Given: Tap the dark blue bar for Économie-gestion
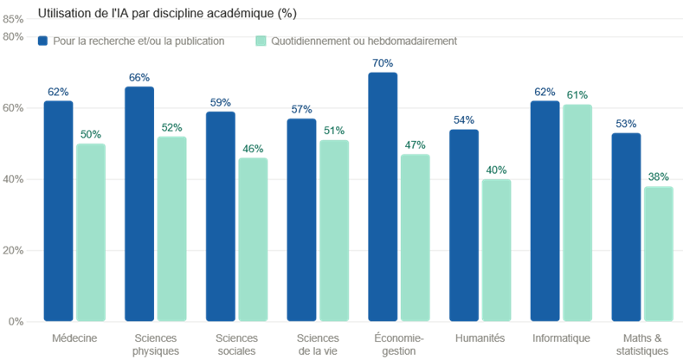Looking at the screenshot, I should click(x=383, y=196).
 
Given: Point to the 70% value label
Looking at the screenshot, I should click(x=383, y=64).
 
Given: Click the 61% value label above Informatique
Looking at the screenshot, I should click(x=577, y=95).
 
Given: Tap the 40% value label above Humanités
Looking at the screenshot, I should click(x=496, y=170).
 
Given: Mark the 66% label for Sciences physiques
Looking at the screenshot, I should click(x=139, y=78).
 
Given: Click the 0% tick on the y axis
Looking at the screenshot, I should click(x=16, y=322).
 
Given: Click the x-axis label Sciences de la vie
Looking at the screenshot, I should click(x=318, y=344).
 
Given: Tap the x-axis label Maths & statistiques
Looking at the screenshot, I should click(x=642, y=344).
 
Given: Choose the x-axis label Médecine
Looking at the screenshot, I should click(x=74, y=338).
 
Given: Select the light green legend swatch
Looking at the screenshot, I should click(x=261, y=41).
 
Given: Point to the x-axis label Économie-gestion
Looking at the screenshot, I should click(x=399, y=344).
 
